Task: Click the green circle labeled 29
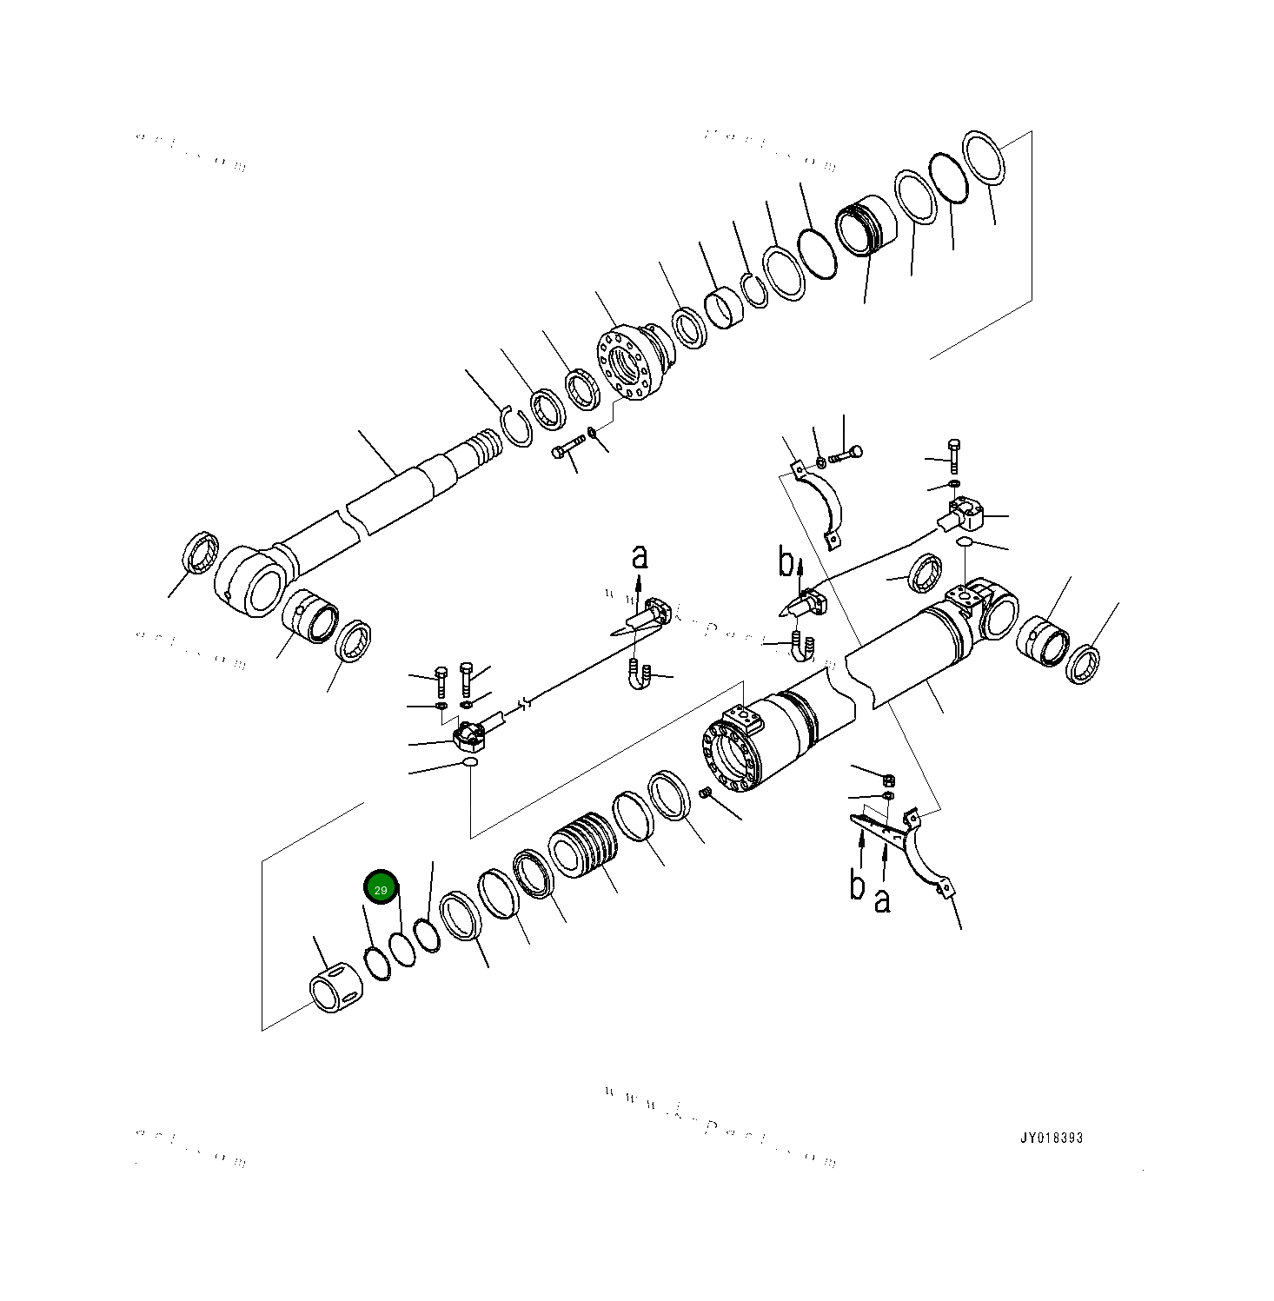[381, 889]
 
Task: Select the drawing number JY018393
[1052, 1138]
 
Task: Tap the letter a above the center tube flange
[640, 557]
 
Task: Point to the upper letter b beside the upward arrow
[786, 563]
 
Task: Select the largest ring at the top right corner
[984, 157]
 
